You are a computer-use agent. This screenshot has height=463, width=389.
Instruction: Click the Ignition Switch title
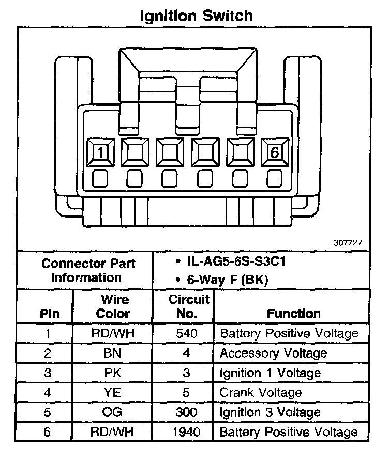point(197,16)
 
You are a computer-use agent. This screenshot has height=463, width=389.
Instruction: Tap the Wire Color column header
point(113,306)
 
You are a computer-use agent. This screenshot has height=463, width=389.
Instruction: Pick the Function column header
point(293,313)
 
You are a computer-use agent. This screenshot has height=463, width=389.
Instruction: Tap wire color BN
point(113,353)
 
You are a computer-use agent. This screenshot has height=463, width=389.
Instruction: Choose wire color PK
point(113,373)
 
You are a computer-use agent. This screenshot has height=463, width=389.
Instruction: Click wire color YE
point(113,393)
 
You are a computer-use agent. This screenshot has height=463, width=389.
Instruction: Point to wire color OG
point(113,412)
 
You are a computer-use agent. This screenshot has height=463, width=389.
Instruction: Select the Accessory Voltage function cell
point(274,353)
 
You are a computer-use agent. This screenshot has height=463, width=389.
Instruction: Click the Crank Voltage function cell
point(261,393)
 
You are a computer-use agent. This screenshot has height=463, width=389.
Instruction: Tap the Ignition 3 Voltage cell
point(271,412)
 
